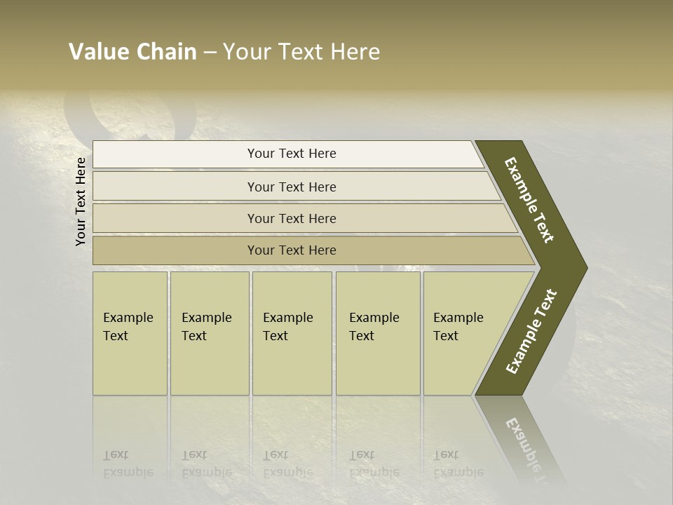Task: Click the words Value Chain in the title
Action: pos(132,52)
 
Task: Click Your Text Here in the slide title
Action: pos(301,52)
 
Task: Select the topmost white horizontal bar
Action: pos(175,154)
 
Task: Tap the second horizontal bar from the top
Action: pos(175,187)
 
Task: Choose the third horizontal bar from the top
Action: pos(175,218)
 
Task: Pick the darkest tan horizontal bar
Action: pos(175,250)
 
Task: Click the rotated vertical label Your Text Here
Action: pos(81,201)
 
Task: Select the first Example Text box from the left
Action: pos(130,333)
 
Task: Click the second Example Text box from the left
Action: pos(210,333)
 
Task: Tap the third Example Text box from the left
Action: pos(292,333)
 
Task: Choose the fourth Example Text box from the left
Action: pos(378,333)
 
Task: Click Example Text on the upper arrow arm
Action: pos(529,200)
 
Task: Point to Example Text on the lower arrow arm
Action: pos(531,332)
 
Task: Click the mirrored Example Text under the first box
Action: pos(128,464)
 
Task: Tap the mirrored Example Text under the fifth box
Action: pos(458,464)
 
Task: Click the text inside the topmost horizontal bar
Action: pos(292,154)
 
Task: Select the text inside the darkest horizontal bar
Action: pos(292,250)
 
